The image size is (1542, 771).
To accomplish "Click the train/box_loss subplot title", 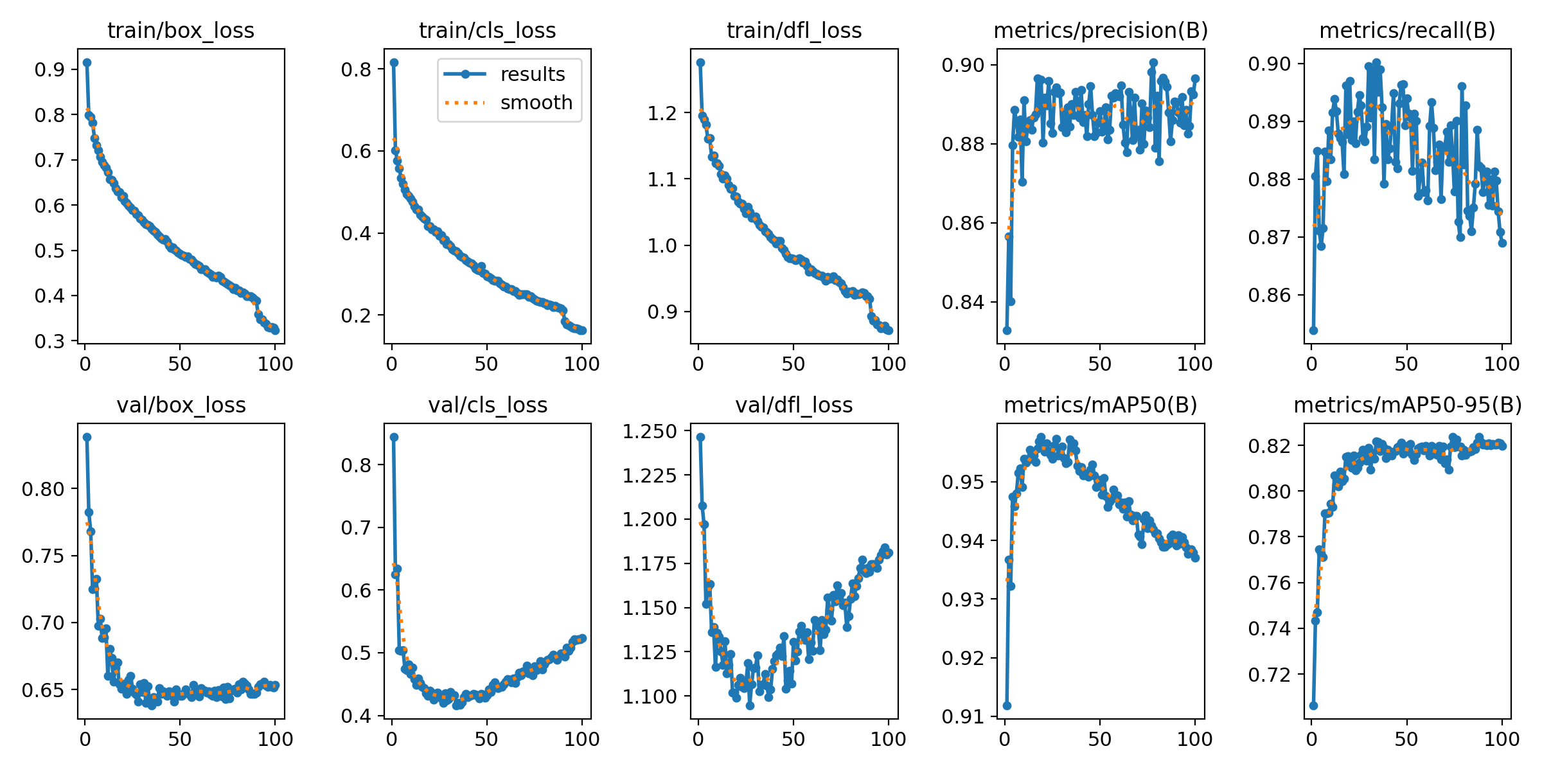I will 181,30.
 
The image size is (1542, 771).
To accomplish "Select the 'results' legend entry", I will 533,74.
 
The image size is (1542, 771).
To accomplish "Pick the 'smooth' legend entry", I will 536,102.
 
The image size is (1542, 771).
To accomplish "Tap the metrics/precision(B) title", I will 1101,30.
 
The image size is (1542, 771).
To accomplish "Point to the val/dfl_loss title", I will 794,405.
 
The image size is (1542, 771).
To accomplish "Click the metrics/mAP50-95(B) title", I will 1408,405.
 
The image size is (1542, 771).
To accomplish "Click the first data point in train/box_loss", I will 87,62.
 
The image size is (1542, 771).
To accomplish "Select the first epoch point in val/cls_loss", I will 394,437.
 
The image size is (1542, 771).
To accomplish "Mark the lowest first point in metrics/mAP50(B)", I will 1007,705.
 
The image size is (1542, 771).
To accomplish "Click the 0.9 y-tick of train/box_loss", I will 49,69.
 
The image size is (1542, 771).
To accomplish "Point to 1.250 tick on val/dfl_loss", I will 650,431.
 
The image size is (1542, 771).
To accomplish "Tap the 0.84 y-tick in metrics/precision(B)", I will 962,302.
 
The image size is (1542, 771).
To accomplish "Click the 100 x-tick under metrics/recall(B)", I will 1502,364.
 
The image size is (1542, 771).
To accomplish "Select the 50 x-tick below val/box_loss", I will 180,739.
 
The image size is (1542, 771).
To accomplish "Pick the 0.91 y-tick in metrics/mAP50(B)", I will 962,716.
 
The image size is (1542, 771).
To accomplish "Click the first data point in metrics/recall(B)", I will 1313,330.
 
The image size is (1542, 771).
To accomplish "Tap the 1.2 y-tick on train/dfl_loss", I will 662,113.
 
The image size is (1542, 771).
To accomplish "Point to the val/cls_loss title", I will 488,405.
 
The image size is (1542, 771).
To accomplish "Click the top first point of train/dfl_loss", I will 700,62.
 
